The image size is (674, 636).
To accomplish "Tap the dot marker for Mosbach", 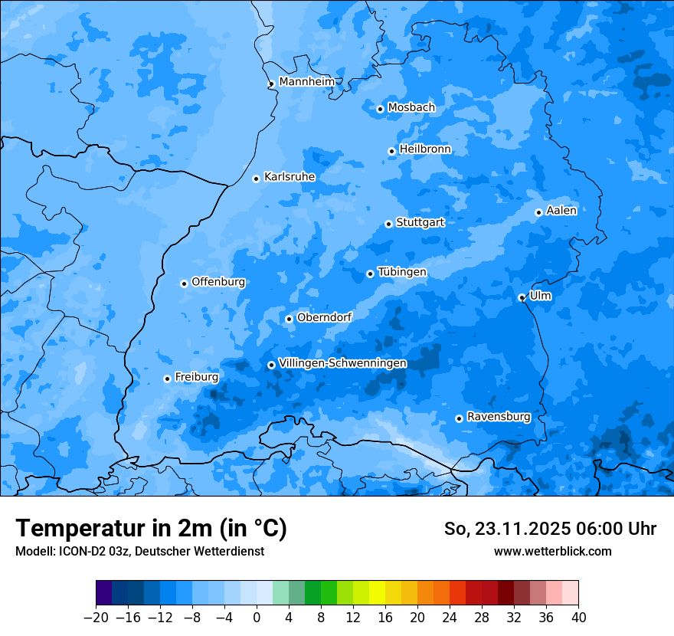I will tap(380, 109).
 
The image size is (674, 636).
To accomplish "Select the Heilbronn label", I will tap(425, 149).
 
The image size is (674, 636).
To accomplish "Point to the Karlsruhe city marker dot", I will tap(256, 179).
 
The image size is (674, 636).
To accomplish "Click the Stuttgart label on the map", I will tap(420, 222).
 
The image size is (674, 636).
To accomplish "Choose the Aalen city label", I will tap(561, 211).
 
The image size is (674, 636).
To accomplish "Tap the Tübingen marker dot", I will tap(370, 274).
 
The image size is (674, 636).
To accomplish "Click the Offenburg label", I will tap(218, 282).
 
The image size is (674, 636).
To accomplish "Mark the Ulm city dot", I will tap(522, 297).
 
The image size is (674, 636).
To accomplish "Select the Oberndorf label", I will tap(324, 317).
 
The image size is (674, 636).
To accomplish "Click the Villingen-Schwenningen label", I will tap(342, 363).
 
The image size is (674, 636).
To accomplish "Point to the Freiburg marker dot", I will tap(167, 379).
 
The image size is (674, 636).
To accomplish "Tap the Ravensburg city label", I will tap(499, 417).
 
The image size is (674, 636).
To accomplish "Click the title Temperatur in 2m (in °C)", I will tap(151, 528).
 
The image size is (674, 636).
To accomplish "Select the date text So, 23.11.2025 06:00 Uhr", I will tap(550, 529).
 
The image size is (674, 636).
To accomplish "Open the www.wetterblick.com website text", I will tap(552, 551).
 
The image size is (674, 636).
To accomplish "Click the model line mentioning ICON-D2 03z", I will tap(139, 551).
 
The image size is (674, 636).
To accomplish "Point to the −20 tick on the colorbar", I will tap(96, 618).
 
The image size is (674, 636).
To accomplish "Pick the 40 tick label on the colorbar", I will tap(578, 618).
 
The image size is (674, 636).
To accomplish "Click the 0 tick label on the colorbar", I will tap(257, 618).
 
